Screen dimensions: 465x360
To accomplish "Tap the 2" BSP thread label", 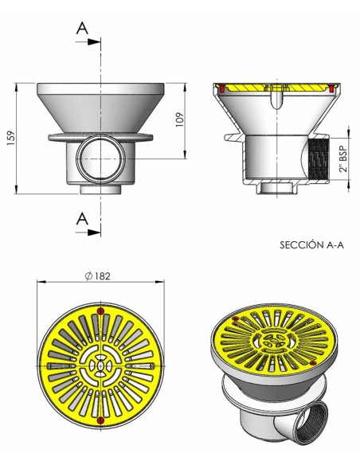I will [x=343, y=159].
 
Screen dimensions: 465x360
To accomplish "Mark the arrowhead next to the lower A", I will [x=95, y=232].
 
